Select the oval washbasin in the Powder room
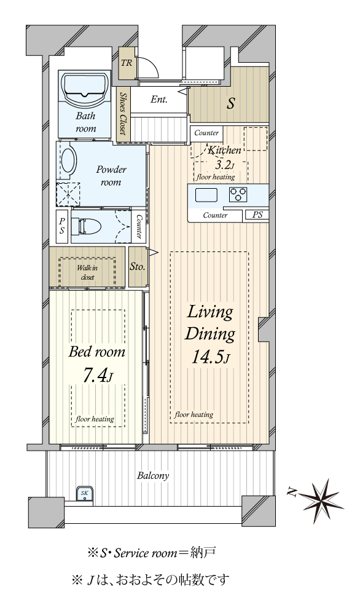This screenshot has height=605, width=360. point(69,161)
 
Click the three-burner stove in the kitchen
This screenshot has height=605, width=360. point(238,194)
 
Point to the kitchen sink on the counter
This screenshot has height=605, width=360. point(206,196)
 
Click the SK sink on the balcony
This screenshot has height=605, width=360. point(85,493)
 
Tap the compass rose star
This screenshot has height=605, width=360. point(321,501)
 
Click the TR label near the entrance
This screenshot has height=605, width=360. point(126,63)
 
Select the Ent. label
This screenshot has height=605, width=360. point(158,100)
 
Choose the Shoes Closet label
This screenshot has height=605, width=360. point(123,113)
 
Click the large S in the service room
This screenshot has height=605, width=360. point(230,103)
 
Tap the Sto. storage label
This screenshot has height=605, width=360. point(137,266)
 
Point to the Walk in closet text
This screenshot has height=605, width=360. point(87,272)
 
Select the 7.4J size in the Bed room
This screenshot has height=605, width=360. point(98,376)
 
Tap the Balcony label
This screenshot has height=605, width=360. point(153,476)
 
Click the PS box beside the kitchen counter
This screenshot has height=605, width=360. point(257,215)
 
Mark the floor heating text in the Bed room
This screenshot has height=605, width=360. point(95,419)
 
